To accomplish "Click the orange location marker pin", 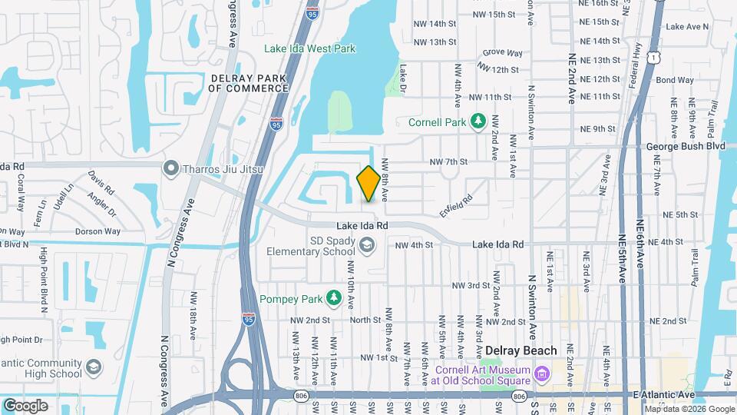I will click(x=368, y=184).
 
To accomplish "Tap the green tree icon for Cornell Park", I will click(x=478, y=121).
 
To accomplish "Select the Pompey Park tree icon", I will click(x=333, y=297).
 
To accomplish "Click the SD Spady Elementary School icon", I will click(x=367, y=245).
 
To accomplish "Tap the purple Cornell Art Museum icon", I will click(x=542, y=374).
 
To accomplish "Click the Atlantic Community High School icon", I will click(x=94, y=367).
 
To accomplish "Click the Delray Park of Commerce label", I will click(x=247, y=83).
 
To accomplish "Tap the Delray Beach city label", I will click(x=521, y=350).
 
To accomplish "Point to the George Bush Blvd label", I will click(x=686, y=145).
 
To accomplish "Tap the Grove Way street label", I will click(x=502, y=54).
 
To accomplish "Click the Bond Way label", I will click(x=676, y=80).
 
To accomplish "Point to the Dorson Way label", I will click(x=97, y=231).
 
